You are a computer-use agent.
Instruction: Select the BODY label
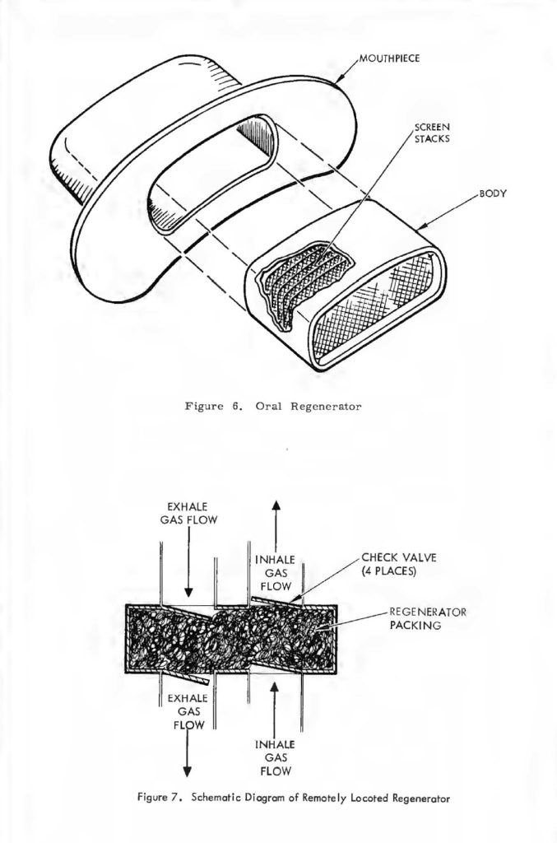(492, 195)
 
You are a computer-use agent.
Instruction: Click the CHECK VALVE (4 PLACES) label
(398, 564)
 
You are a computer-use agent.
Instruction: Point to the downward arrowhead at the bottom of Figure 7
(188, 771)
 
